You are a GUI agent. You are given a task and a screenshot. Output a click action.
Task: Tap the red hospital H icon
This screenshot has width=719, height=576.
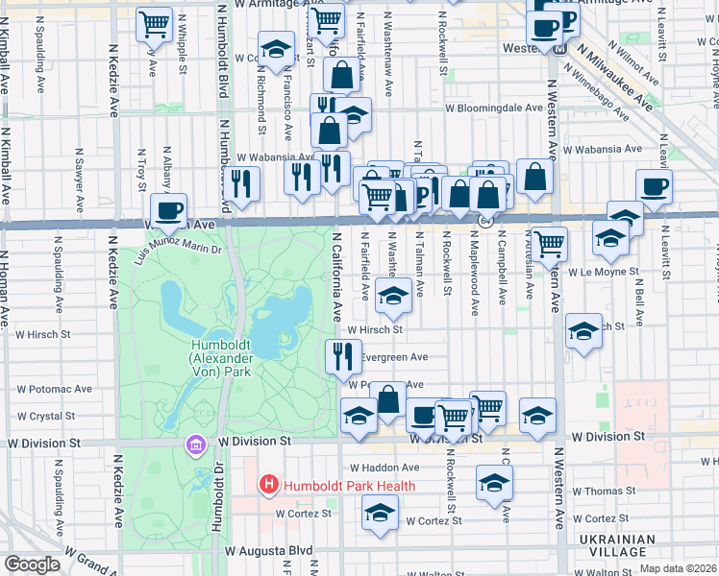click(x=269, y=486)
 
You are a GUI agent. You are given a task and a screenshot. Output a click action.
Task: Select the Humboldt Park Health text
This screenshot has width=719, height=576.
click(x=348, y=486)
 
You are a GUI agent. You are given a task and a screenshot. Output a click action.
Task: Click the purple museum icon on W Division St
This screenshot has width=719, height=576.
click(x=196, y=445)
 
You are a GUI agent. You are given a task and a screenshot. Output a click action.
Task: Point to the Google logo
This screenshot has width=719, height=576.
click(x=32, y=564)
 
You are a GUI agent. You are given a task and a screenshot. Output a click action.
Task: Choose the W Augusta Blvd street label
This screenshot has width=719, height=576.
click(x=270, y=552)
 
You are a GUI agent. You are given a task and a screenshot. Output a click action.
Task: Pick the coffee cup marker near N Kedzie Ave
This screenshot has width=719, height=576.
click(x=168, y=210)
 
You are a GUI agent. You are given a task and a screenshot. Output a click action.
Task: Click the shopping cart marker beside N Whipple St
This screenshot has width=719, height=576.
click(x=154, y=24)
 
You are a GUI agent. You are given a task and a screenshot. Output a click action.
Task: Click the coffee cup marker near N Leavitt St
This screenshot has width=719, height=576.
click(x=654, y=187)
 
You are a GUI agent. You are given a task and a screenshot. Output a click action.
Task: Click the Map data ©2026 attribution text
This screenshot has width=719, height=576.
click(x=677, y=568)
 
